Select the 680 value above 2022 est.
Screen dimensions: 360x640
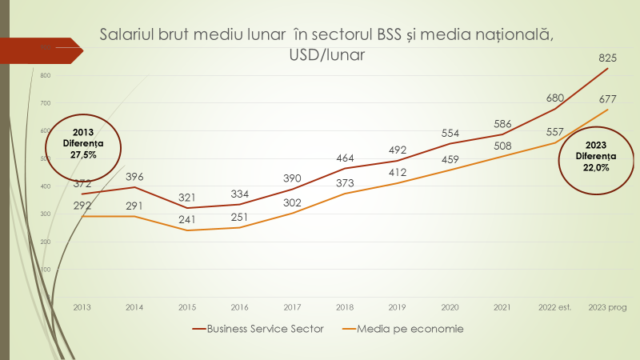(555, 98)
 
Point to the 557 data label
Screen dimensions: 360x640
(555, 132)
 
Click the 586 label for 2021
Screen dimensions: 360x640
(503, 124)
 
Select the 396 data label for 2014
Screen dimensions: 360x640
(134, 177)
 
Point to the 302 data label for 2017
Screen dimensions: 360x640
(293, 203)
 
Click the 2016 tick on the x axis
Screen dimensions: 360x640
(239, 306)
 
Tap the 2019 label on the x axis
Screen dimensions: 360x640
(398, 306)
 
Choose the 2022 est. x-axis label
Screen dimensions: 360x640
(555, 306)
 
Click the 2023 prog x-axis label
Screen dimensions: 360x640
(608, 306)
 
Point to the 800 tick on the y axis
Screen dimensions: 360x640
(45, 76)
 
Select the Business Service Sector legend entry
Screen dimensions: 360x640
(258, 329)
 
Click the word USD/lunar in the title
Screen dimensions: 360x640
(326, 55)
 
